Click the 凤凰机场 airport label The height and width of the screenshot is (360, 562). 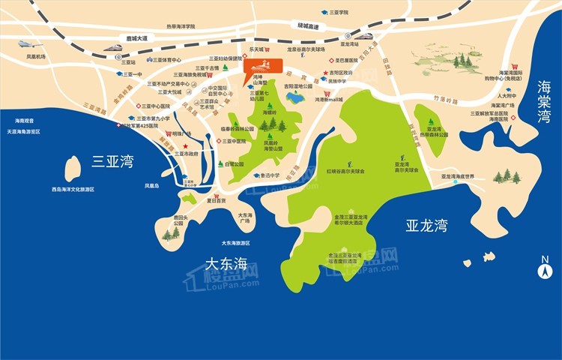tap(36, 56)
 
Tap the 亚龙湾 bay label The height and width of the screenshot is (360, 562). tap(426, 225)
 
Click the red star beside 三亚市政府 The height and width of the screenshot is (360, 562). tap(185, 145)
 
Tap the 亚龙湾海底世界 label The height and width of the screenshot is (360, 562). tap(458, 176)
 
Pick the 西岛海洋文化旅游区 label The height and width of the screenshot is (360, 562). tap(73, 189)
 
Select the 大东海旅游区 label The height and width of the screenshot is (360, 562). tap(240, 243)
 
